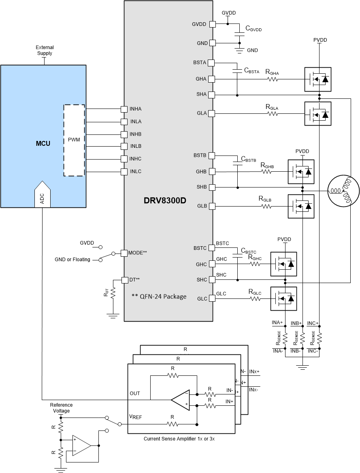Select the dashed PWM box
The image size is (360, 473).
tap(74, 140)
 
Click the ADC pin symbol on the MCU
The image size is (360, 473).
tap(43, 194)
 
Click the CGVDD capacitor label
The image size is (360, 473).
tap(253, 29)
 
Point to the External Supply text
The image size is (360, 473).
tap(45, 50)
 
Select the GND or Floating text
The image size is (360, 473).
tap(72, 260)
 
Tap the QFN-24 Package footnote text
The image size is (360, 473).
tap(159, 296)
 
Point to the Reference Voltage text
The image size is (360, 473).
tap(61, 408)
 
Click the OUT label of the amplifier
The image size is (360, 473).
tap(135, 393)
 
